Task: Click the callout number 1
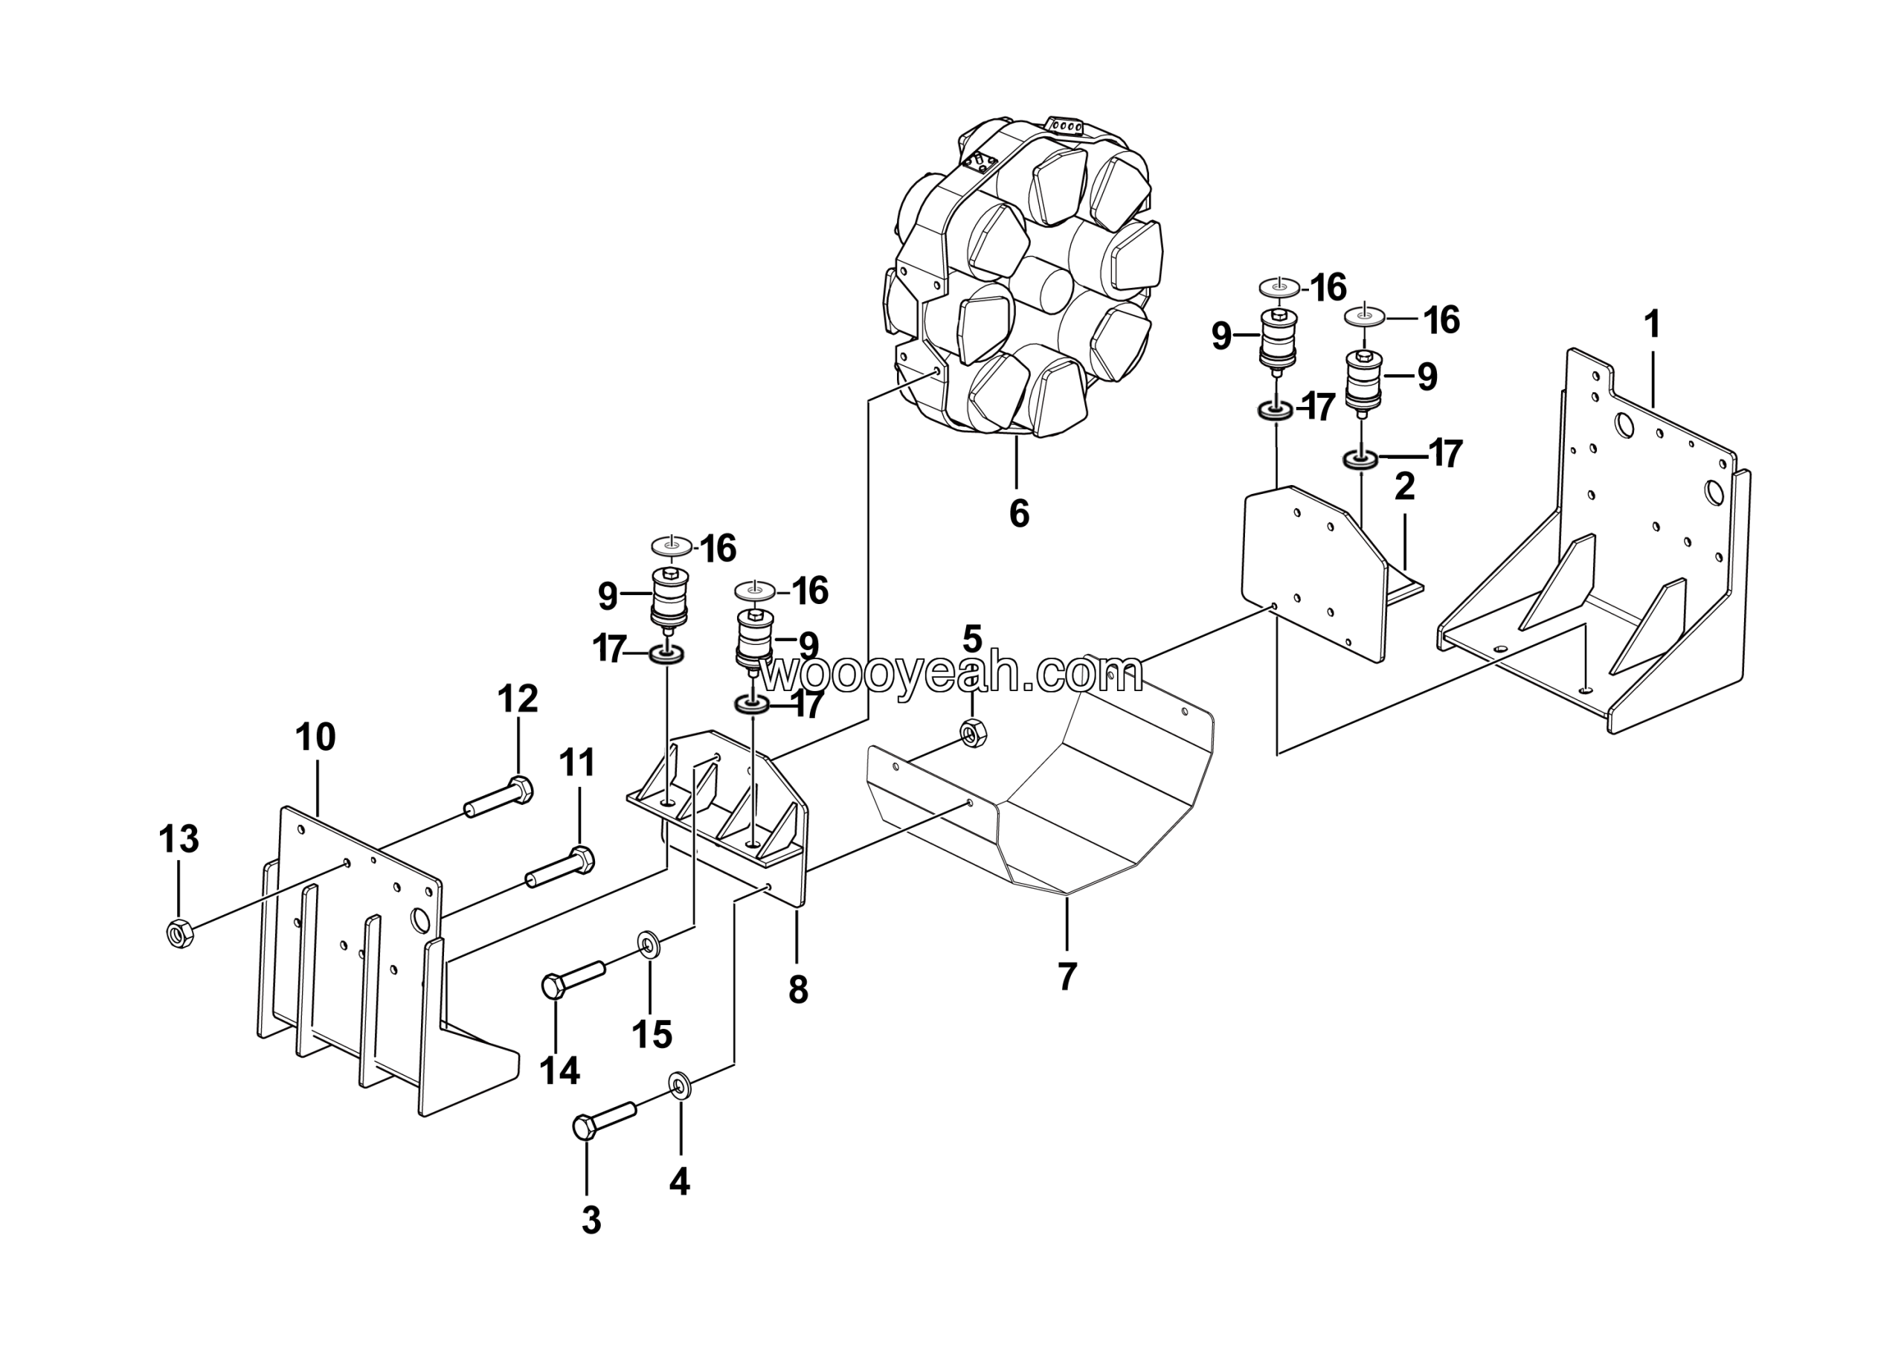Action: [1652, 324]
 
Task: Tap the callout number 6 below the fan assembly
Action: [1019, 513]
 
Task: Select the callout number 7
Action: [1067, 977]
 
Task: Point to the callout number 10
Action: [315, 736]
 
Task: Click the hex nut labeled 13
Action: [180, 933]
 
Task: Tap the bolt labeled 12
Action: [498, 797]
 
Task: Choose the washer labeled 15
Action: [648, 945]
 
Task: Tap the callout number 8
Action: [798, 989]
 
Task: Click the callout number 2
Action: [1404, 487]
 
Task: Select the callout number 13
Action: [179, 838]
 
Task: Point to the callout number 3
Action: [591, 1220]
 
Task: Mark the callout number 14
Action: [560, 1070]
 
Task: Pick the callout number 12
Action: [518, 699]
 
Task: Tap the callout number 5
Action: [972, 639]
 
